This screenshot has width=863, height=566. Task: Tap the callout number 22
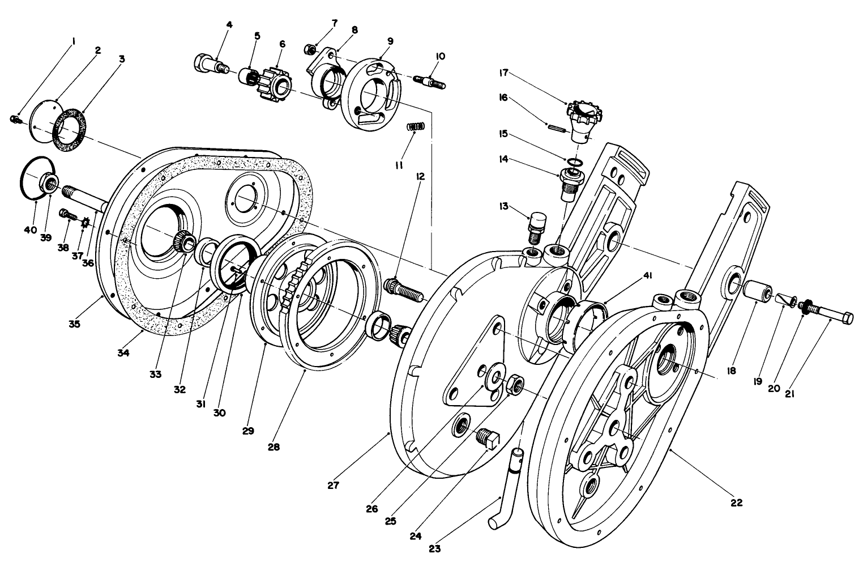pyautogui.click(x=736, y=502)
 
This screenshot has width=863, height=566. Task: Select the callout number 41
pyautogui.click(x=646, y=276)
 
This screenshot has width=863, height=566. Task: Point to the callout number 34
pyautogui.click(x=123, y=352)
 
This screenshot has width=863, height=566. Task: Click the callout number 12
pyautogui.click(x=420, y=177)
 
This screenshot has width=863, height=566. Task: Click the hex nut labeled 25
pyautogui.click(x=516, y=386)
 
